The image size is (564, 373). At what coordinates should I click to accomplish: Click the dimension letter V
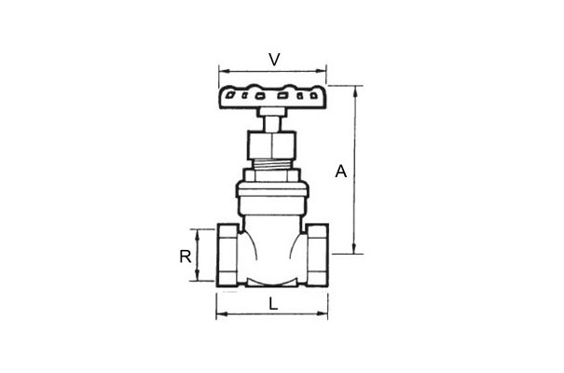[x=274, y=60]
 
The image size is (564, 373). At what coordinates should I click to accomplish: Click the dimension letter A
[x=341, y=172]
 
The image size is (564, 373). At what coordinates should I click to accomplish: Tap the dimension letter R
[x=186, y=256]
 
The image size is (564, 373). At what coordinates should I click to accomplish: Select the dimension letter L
[x=274, y=305]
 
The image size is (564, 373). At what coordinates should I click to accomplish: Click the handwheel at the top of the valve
[x=272, y=97]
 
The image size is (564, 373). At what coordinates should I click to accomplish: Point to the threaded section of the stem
[x=272, y=165]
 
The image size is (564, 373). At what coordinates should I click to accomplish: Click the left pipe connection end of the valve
[x=227, y=255]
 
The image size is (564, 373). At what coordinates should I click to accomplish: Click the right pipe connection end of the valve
[x=317, y=255]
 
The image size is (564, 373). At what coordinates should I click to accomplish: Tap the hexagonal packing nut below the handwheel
[x=272, y=145]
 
